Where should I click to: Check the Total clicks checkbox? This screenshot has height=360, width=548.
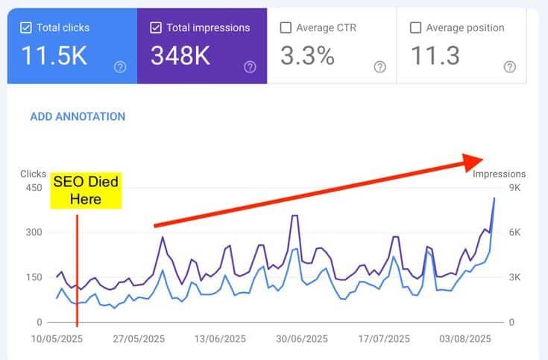click(26, 28)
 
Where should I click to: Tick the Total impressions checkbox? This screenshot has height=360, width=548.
click(156, 28)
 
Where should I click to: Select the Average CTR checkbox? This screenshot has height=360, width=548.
click(286, 28)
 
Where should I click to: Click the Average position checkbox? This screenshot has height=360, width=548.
click(415, 28)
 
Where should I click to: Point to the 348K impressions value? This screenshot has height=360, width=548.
click(180, 55)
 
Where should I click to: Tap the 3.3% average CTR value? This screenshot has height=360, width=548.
click(307, 55)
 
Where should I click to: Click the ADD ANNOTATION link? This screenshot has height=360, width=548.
click(78, 116)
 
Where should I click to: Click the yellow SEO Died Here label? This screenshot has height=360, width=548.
click(85, 190)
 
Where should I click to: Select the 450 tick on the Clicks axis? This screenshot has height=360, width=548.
click(34, 188)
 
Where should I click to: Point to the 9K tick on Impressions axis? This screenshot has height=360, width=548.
click(515, 188)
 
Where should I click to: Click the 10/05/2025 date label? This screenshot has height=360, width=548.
click(57, 338)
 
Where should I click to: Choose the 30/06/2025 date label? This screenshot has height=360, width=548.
click(298, 338)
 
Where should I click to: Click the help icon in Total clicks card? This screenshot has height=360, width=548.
click(120, 67)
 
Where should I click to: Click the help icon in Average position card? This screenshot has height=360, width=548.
click(510, 67)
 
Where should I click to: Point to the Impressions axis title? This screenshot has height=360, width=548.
click(499, 174)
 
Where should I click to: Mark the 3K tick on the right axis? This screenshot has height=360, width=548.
click(515, 277)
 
